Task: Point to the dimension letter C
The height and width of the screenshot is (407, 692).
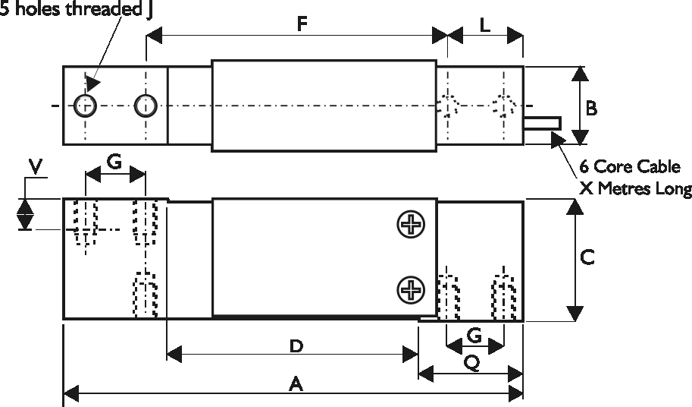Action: (587, 257)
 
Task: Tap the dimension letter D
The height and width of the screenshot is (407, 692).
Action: (296, 346)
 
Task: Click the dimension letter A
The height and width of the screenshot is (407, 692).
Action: (296, 385)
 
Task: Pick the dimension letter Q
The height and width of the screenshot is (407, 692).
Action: (471, 364)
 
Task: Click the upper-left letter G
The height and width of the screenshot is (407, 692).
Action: (114, 161)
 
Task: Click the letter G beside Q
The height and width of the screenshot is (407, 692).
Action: (474, 335)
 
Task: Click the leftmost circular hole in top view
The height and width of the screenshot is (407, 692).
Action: (85, 106)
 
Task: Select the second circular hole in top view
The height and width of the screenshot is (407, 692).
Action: (145, 106)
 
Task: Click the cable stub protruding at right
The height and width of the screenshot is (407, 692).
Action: (543, 122)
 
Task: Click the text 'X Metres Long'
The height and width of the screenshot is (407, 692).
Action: (635, 188)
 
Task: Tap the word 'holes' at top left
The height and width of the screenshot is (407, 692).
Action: (34, 9)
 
